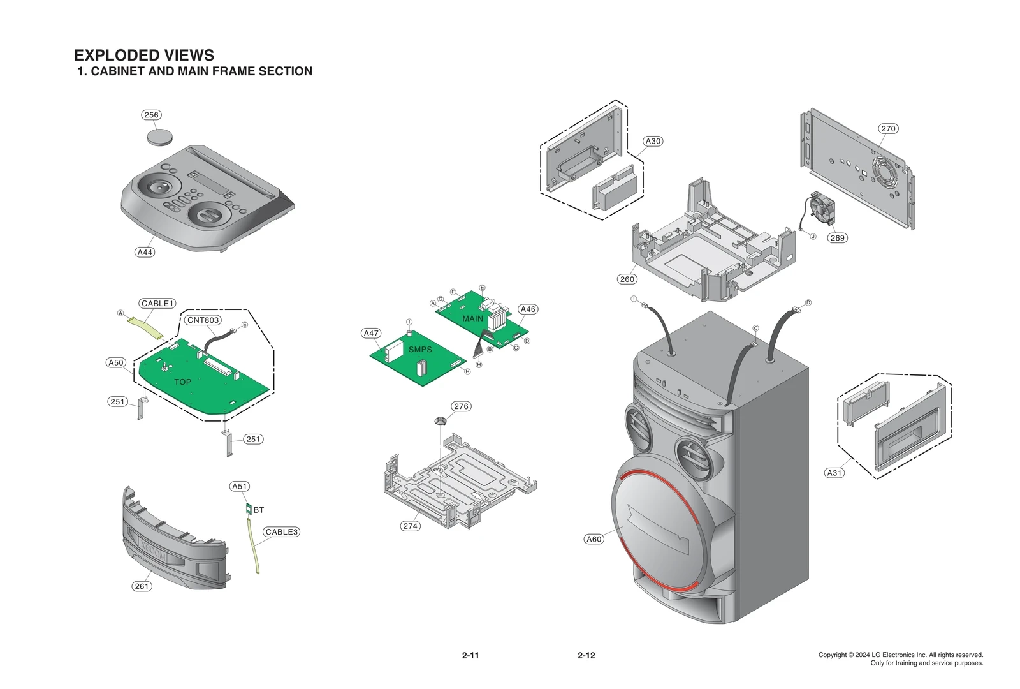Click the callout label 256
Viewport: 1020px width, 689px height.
151,115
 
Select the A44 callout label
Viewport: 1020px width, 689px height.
145,252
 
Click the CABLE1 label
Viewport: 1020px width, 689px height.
157,304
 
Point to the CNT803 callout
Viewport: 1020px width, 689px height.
203,320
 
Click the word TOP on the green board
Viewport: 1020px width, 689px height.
182,382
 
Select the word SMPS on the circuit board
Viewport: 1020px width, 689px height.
420,350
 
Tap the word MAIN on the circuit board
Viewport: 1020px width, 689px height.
472,318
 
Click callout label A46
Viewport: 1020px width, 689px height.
528,309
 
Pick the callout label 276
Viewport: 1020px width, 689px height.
461,406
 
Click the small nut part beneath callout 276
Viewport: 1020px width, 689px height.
440,420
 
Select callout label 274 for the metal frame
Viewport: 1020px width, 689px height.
411,526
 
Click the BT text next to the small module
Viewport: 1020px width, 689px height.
259,510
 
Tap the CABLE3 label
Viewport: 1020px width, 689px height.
281,532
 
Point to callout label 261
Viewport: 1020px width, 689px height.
142,586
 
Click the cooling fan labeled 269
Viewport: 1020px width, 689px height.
822,208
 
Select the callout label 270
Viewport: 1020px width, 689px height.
888,128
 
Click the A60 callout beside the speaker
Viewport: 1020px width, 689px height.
594,539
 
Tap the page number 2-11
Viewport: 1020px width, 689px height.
470,655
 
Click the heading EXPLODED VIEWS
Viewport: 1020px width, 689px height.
144,55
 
